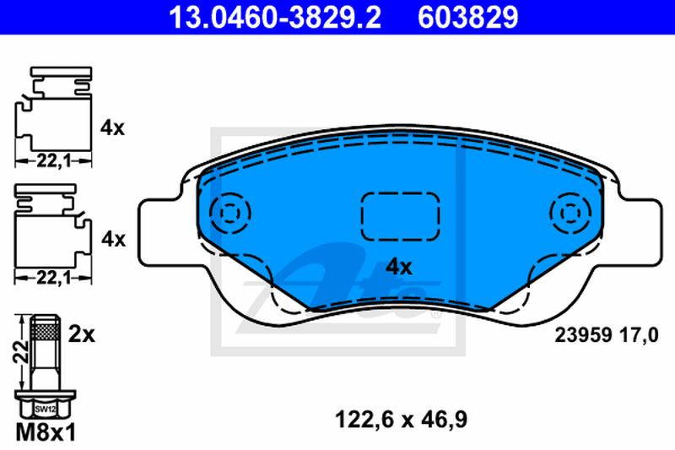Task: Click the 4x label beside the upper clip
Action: point(112,128)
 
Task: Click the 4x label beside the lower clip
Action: point(112,239)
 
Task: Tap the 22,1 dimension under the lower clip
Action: point(52,276)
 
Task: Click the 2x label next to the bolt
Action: point(82,334)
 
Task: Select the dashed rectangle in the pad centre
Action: point(399,215)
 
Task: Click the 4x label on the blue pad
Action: point(398,268)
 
